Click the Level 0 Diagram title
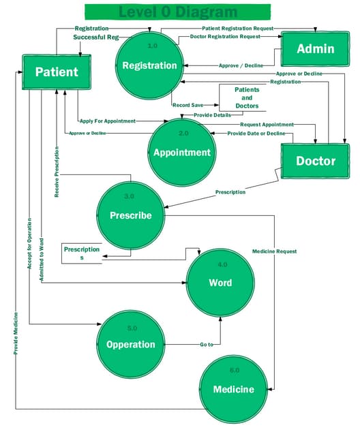(x=179, y=12)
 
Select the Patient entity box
(x=57, y=72)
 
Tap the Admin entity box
(x=316, y=48)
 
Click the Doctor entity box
(x=315, y=161)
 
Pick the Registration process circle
(x=149, y=65)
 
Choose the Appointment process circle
(x=181, y=152)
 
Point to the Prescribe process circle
(x=130, y=215)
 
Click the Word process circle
(x=220, y=282)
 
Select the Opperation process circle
(x=130, y=344)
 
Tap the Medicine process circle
(x=233, y=389)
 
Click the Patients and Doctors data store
(x=242, y=97)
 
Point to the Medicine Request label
(x=274, y=251)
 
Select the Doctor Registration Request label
(x=225, y=36)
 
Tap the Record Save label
(x=187, y=106)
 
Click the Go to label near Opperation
(x=207, y=345)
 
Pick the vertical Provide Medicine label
(x=16, y=333)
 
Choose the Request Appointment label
(x=267, y=125)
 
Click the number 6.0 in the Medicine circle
(x=234, y=370)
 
